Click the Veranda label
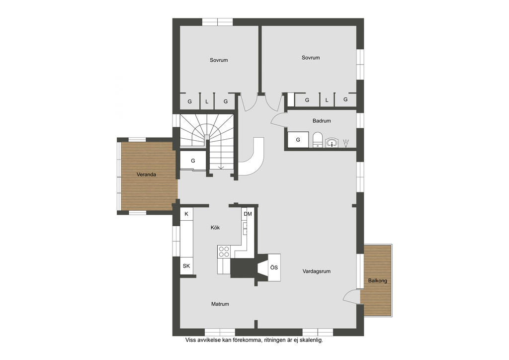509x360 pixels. pos(146,175)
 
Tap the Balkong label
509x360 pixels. pos(378,281)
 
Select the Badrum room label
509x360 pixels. pos(322,121)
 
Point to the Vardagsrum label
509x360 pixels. pos(317,271)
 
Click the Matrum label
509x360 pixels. pos(220,304)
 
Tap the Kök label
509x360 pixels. pos(215,228)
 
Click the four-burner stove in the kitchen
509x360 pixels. pos(224,252)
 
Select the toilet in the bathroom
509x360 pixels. pos(317,140)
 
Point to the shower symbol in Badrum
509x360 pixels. pos(346,143)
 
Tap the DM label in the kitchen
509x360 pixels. pos(248,214)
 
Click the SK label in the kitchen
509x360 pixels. pos(186,266)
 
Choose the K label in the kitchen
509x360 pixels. pos(186,214)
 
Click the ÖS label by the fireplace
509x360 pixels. pos(274,268)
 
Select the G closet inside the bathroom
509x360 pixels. pos(298,140)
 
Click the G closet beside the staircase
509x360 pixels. pos(193,161)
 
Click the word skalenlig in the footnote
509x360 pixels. pos(311,341)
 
